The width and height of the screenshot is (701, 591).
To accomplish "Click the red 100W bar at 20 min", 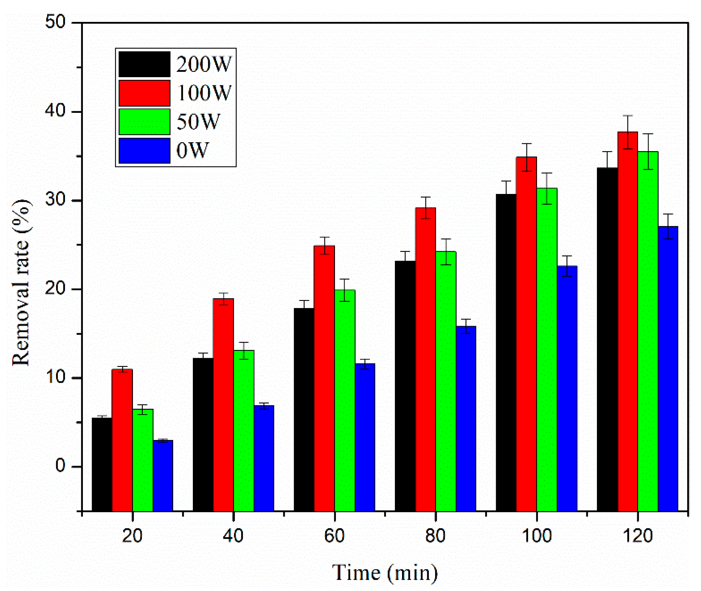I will (x=122, y=439).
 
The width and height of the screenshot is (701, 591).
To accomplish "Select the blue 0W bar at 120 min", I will (x=668, y=369).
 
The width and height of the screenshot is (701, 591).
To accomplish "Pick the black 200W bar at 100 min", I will (x=506, y=352).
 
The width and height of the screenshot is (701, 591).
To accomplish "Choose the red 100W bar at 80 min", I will (x=425, y=358).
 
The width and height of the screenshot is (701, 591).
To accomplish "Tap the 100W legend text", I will (x=204, y=93).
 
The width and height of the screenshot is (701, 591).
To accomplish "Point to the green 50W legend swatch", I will (x=144, y=122).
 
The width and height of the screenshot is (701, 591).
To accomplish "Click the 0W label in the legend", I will (x=192, y=150).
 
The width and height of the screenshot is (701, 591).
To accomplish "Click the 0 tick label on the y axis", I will (x=60, y=465).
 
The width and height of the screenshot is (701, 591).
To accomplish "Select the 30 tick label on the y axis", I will (x=56, y=200).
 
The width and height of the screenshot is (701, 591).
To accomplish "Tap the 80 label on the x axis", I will (x=435, y=535).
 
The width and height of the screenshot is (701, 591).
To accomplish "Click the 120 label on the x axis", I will (x=637, y=535).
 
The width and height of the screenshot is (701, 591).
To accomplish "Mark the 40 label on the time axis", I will (x=233, y=535).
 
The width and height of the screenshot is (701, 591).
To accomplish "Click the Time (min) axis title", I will (x=385, y=573).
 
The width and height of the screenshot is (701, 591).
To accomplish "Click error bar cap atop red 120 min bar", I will (x=627, y=115).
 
